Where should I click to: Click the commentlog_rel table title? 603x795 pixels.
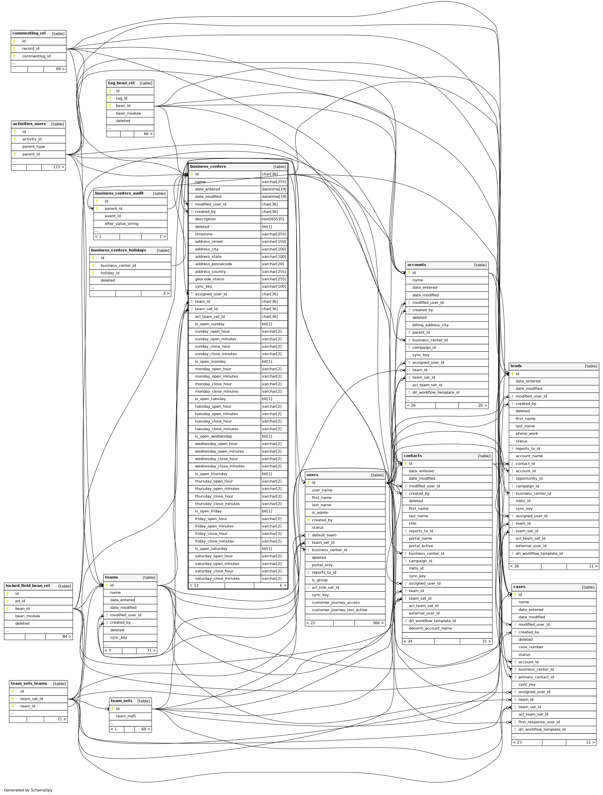(x=29, y=33)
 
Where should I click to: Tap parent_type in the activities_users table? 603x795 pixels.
(x=33, y=147)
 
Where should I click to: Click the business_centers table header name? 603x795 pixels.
(x=208, y=166)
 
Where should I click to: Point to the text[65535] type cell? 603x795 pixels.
(x=273, y=219)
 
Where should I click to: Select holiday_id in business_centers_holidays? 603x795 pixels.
(x=110, y=273)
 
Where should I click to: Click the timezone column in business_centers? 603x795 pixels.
(x=204, y=234)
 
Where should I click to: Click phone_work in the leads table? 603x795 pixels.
(x=527, y=433)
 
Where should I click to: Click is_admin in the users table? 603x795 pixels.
(x=320, y=512)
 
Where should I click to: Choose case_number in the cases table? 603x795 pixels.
(x=531, y=647)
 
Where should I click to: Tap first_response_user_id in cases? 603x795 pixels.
(x=539, y=722)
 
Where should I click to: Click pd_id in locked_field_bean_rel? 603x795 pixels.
(x=20, y=601)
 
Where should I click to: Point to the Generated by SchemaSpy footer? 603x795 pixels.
(x=28, y=790)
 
